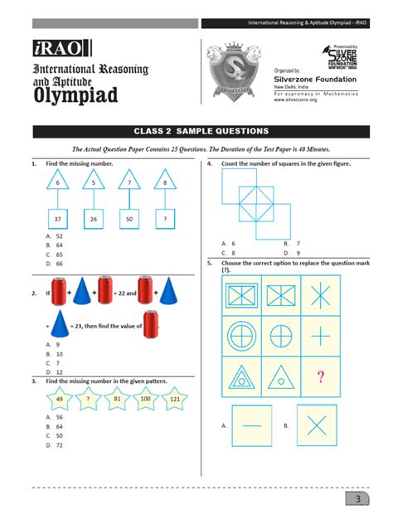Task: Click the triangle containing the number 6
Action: tap(58, 182)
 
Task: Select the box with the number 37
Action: tap(58, 220)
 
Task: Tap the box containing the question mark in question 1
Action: tap(165, 220)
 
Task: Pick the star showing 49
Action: tap(59, 399)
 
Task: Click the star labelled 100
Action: tap(145, 399)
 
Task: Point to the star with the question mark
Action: tap(88, 399)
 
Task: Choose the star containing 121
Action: tap(174, 399)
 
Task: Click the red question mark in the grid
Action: tap(319, 377)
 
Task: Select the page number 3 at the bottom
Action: tap(357, 499)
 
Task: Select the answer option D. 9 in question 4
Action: tap(291, 252)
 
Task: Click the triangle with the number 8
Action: tap(166, 182)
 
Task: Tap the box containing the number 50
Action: tap(129, 220)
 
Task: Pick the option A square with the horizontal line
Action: tap(252, 425)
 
